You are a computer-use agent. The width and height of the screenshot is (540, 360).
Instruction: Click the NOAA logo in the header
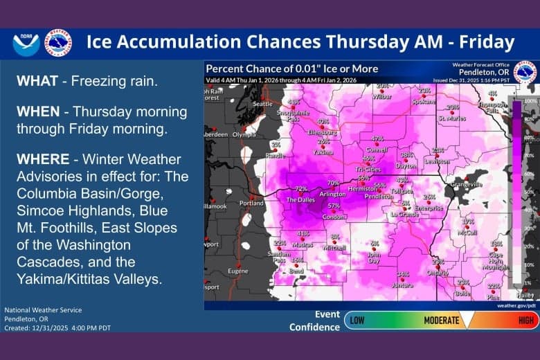click(26, 43)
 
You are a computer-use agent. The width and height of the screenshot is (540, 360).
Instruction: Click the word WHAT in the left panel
click(35, 82)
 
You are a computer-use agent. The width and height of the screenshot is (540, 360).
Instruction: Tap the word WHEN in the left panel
click(36, 111)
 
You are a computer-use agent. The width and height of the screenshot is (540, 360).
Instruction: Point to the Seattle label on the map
click(262, 104)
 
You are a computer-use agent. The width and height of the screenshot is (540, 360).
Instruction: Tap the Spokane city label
click(422, 101)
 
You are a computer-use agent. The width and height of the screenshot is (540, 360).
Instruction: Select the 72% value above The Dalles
click(301, 188)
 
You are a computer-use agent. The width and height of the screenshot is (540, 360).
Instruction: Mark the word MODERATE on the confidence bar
click(442, 320)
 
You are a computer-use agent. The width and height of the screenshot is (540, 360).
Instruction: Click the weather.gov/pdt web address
click(516, 305)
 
